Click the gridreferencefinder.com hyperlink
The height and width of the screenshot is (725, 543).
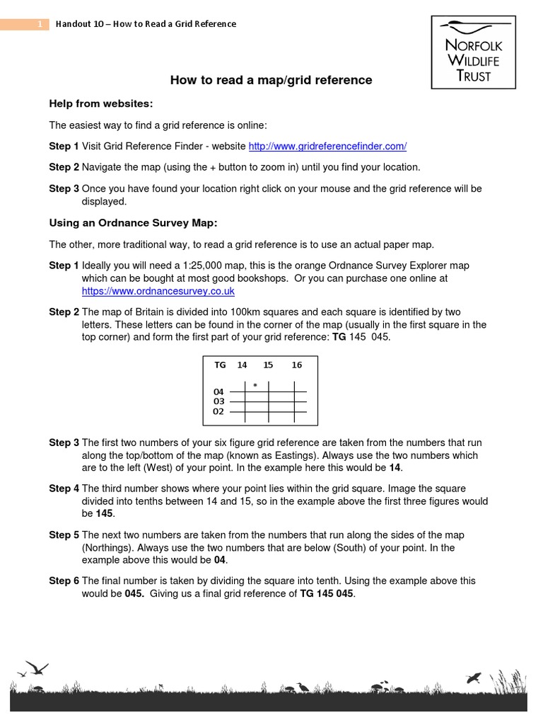[327, 147]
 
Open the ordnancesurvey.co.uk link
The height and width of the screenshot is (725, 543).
[158, 291]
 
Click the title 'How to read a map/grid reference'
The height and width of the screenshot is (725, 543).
[271, 81]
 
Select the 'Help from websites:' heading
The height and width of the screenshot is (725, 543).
[100, 104]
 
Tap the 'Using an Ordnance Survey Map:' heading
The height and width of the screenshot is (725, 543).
[133, 223]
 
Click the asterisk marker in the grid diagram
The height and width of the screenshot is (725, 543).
[255, 385]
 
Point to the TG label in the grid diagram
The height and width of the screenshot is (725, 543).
[220, 365]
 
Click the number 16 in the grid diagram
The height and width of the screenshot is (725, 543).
[296, 365]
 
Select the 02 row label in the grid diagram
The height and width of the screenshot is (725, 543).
[218, 411]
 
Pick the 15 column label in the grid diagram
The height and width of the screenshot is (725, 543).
[268, 365]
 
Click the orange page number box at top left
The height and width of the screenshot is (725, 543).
[25, 25]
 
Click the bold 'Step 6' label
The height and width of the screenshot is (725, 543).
[64, 581]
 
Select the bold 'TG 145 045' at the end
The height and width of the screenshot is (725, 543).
[326, 594]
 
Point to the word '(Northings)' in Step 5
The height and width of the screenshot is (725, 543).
[107, 548]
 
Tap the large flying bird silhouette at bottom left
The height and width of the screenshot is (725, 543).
[37, 668]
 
